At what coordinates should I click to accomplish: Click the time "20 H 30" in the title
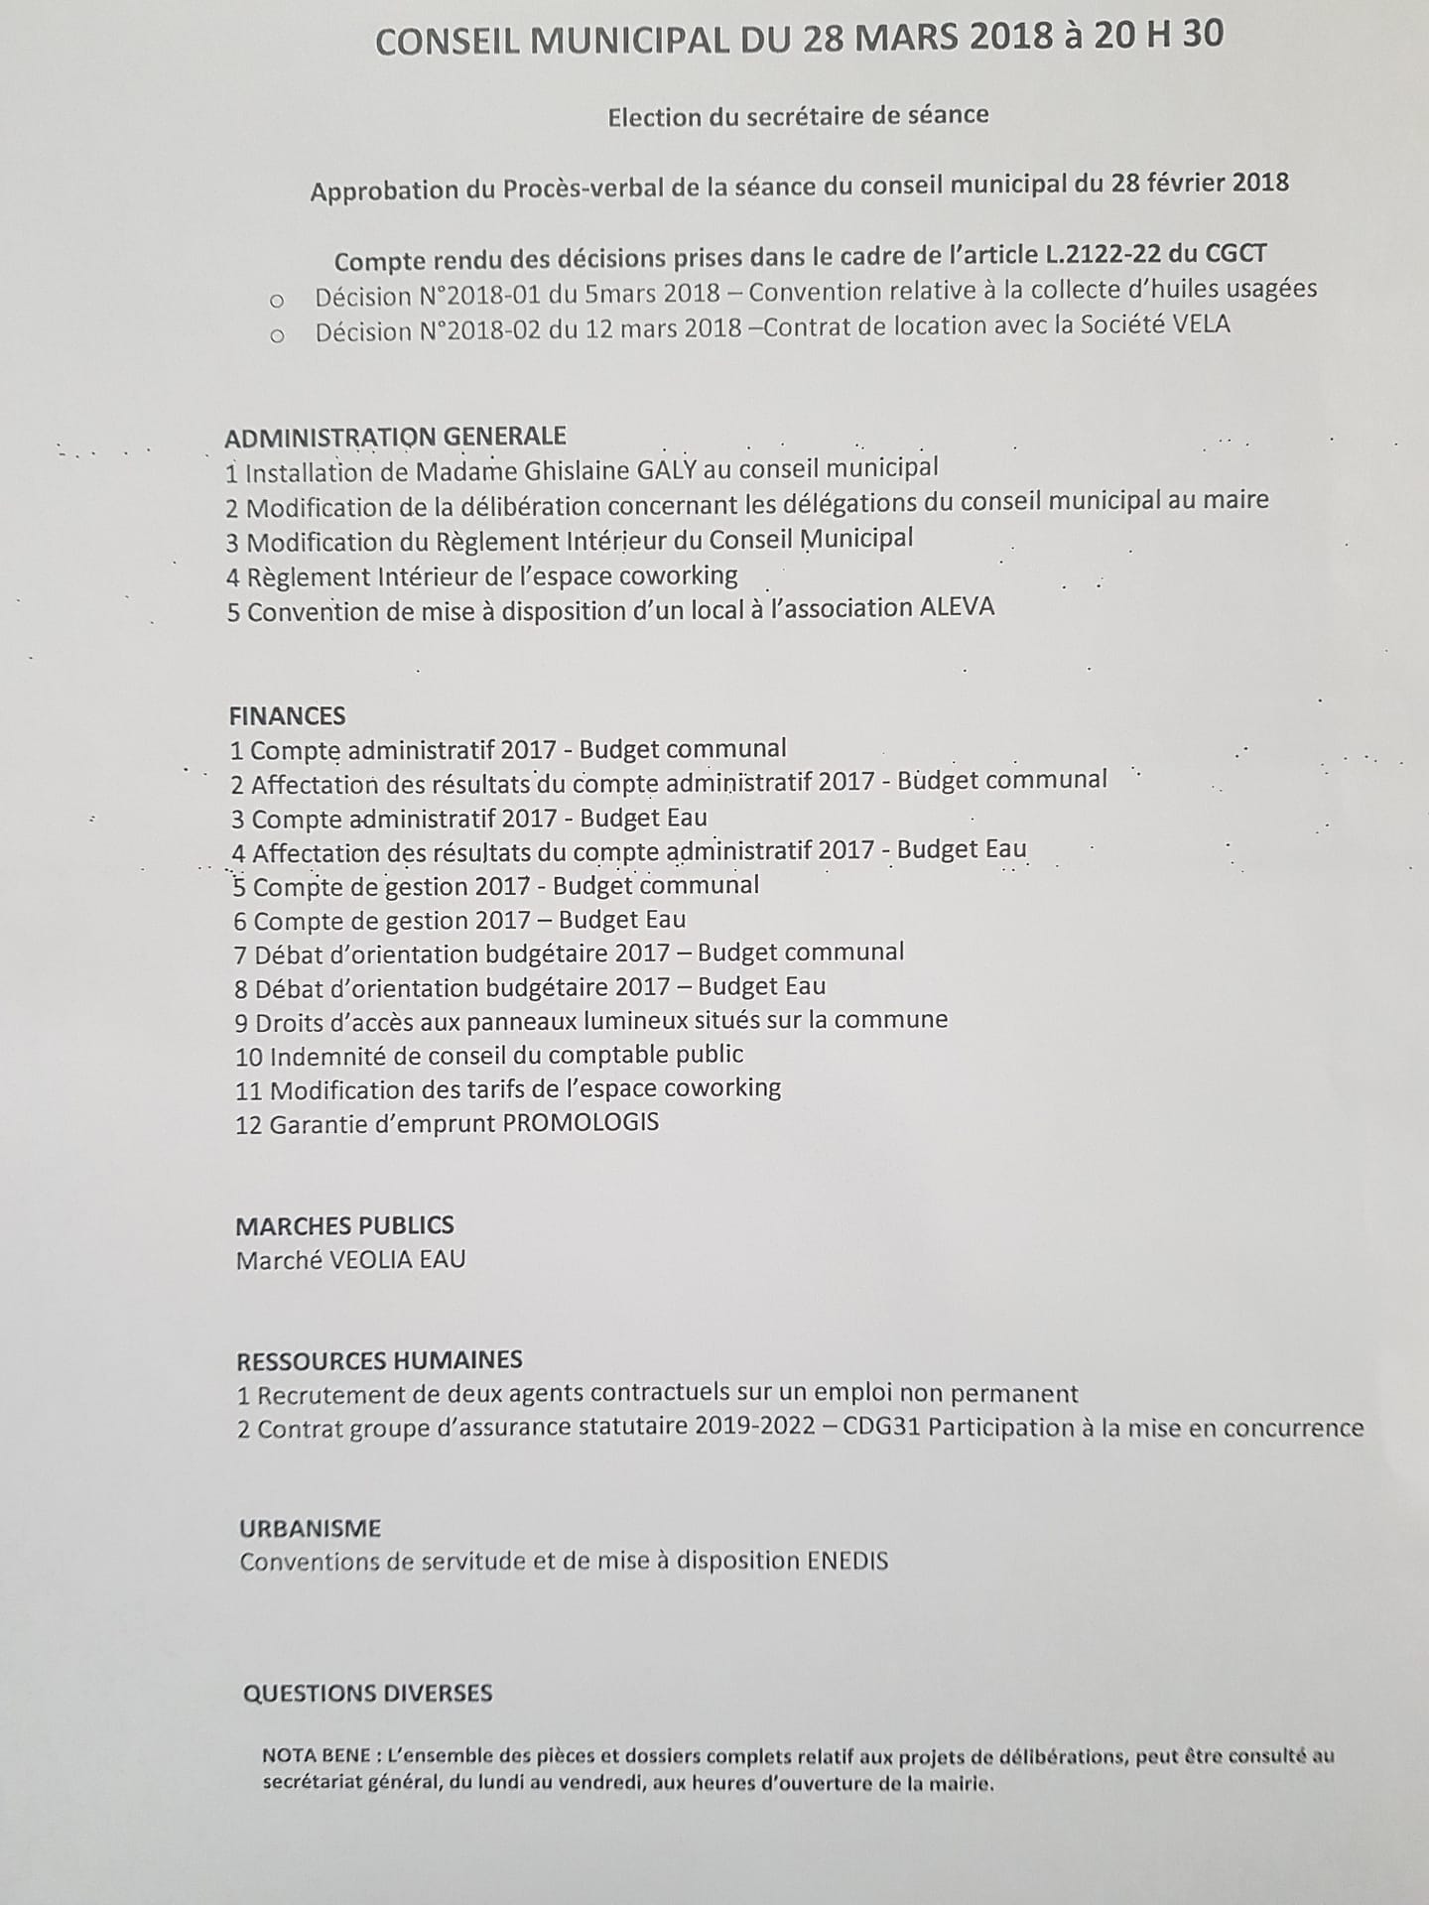1158,36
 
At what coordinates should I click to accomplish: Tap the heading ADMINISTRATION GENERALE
395,437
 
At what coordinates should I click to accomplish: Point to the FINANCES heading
287,715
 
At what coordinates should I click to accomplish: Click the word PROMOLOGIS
581,1123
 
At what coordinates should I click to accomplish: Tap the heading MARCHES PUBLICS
344,1225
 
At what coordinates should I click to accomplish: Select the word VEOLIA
370,1259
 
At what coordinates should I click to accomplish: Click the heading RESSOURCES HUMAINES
379,1360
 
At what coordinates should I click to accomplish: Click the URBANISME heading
310,1528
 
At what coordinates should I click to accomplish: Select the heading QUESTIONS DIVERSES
367,1694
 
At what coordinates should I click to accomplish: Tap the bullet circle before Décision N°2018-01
277,300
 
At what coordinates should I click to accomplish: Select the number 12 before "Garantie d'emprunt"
248,1125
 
